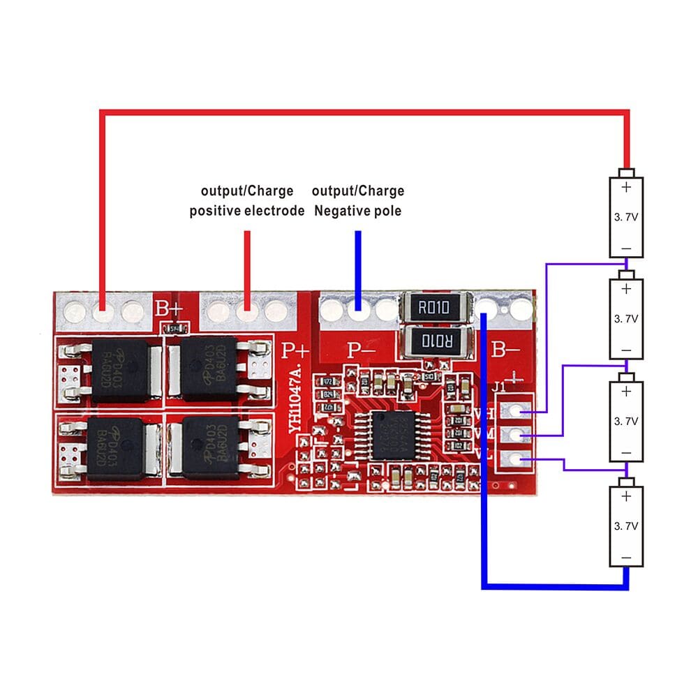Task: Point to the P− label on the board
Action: (362, 350)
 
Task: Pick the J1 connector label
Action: (499, 387)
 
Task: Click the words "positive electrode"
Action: (247, 211)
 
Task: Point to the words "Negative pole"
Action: (358, 211)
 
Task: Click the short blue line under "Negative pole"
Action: (358, 269)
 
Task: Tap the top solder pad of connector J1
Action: (516, 413)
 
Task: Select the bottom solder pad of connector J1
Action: (516, 459)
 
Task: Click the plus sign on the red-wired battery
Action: (626, 187)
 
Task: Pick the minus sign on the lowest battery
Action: (626, 558)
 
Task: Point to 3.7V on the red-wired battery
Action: (626, 217)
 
